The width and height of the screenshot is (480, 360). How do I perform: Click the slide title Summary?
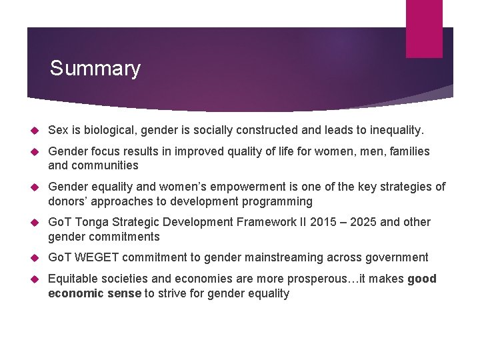click(95, 69)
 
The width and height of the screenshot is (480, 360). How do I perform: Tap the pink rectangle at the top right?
click(424, 28)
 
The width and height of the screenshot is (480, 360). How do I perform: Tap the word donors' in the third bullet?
click(67, 201)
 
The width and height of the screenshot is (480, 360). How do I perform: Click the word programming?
click(278, 201)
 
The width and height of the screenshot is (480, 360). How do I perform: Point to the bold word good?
click(422, 279)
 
